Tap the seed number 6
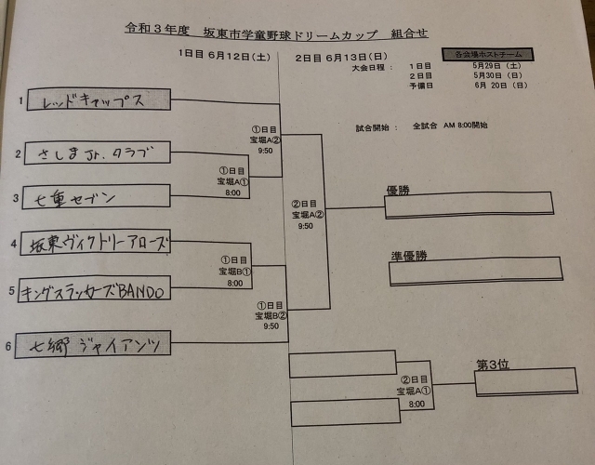click(8, 348)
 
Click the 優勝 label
click(398, 191)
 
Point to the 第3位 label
click(493, 364)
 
